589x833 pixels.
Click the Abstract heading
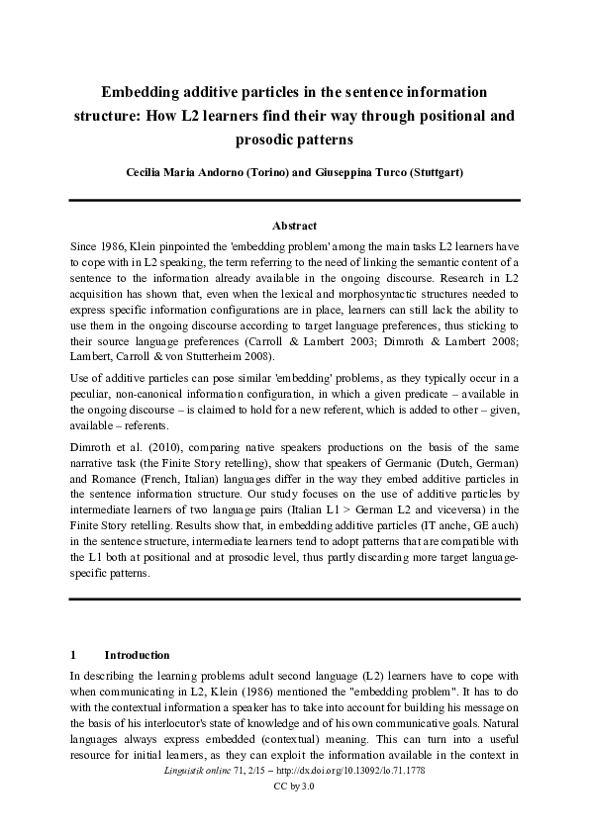coord(294,227)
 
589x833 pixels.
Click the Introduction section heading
coord(138,655)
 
